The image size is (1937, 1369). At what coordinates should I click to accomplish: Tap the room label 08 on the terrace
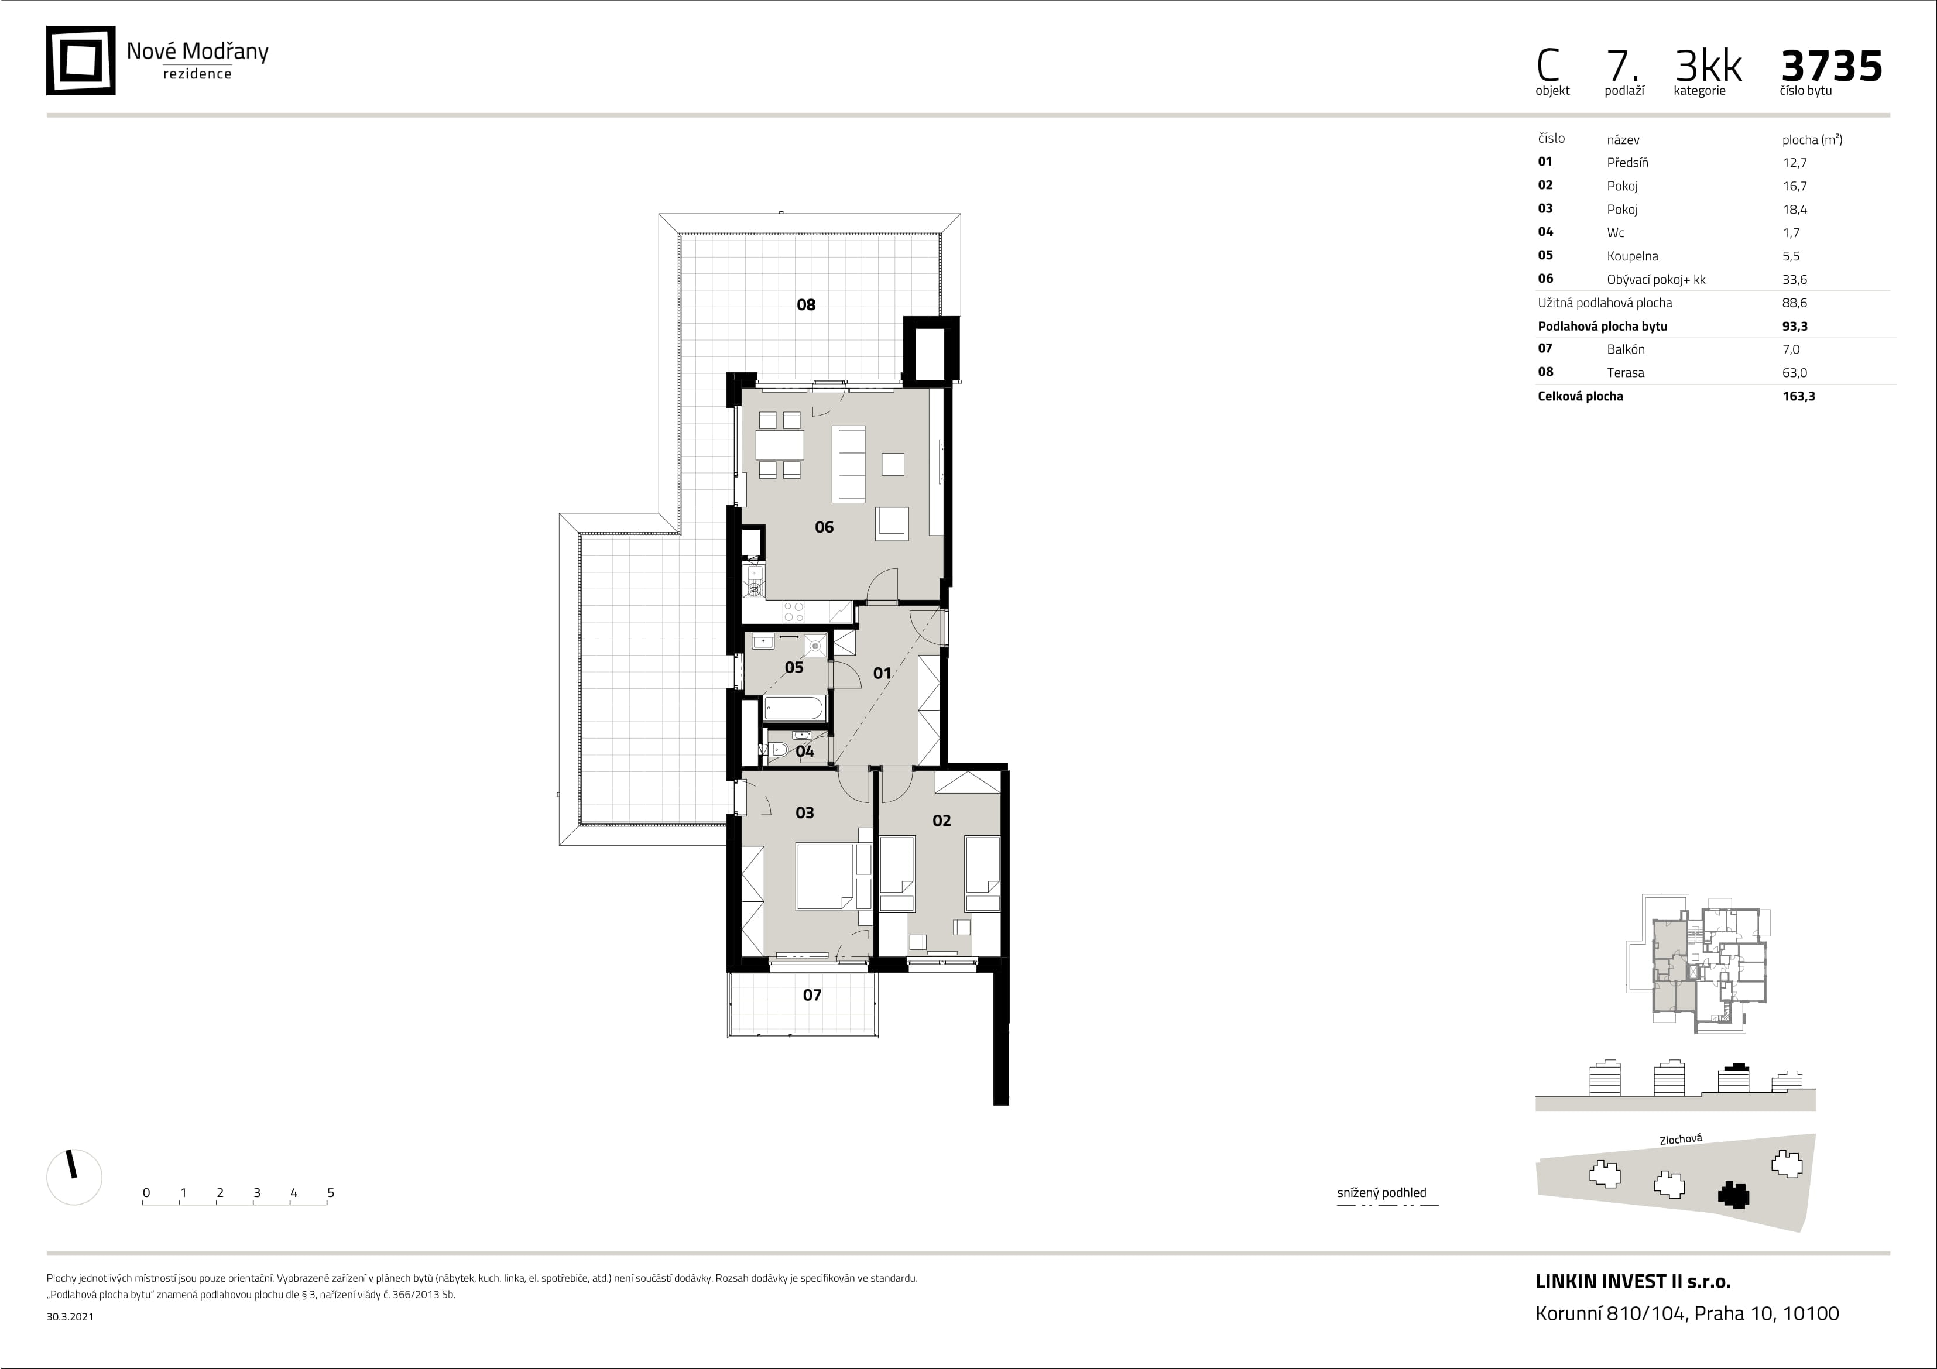(x=805, y=304)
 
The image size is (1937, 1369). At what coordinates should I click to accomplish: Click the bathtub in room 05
(x=794, y=709)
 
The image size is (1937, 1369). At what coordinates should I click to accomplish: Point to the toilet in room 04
(x=778, y=750)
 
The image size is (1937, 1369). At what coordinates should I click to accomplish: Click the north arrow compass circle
(x=74, y=1176)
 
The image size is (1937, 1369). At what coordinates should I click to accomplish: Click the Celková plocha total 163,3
(x=1799, y=396)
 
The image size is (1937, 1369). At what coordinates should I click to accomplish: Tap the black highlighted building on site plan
(x=1734, y=1195)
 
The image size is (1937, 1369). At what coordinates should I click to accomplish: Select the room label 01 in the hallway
(x=882, y=673)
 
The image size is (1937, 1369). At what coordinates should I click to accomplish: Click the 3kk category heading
(x=1708, y=66)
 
